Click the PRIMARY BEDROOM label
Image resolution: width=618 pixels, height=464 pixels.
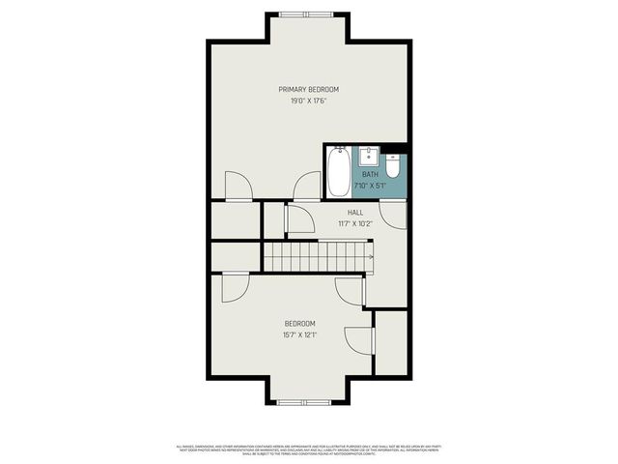tap(308, 89)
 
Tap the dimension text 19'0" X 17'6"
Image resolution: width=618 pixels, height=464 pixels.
tap(308, 101)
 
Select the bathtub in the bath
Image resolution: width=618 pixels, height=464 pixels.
tap(338, 171)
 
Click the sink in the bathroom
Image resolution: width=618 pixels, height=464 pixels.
tap(368, 157)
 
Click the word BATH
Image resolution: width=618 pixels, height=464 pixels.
tap(370, 175)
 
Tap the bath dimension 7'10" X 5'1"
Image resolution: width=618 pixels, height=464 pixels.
tap(370, 186)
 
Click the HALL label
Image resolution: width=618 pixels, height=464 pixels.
tap(355, 213)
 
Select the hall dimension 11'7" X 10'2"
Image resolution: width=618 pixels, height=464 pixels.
tap(355, 223)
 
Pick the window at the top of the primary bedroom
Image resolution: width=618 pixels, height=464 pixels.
tap(308, 14)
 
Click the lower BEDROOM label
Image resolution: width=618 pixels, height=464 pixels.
tap(299, 324)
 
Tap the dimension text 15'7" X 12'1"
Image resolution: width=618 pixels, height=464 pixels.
tap(299, 335)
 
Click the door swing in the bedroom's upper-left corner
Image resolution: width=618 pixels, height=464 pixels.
tap(236, 286)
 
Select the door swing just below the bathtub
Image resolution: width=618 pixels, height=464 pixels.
tap(308, 186)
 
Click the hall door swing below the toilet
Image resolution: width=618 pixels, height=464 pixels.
tap(392, 214)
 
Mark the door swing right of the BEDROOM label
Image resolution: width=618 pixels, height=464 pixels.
tap(359, 340)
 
